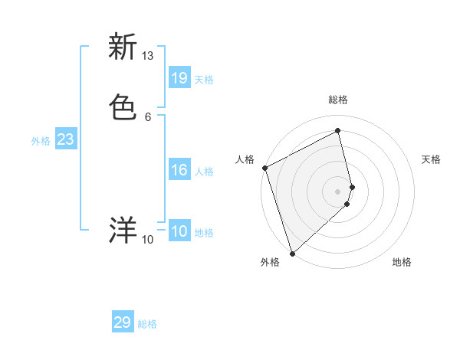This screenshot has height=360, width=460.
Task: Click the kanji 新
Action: [123, 47]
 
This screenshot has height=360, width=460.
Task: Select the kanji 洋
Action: [123, 230]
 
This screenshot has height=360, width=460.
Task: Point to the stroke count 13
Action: [148, 56]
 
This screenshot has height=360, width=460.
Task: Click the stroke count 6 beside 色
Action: [148, 116]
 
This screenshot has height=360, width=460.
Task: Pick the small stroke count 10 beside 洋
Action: [148, 240]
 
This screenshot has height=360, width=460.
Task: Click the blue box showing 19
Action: [179, 77]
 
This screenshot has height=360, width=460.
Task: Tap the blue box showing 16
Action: [179, 170]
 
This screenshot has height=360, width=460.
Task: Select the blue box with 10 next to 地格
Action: [179, 231]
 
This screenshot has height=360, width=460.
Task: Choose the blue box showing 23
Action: [65, 139]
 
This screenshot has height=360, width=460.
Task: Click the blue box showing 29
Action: [123, 322]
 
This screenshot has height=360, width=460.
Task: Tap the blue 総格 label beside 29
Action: [147, 324]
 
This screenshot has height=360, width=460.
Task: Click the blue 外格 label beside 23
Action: [41, 141]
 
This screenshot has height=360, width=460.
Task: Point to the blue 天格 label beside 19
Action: [204, 80]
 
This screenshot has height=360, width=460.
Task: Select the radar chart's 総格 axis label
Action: [338, 100]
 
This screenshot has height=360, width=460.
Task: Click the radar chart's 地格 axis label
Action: [402, 262]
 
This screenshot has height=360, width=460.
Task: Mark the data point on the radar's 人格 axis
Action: [264, 168]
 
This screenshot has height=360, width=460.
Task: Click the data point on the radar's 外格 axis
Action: [291, 253]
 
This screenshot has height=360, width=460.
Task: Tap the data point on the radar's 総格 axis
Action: [338, 130]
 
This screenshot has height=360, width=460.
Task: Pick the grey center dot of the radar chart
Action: [338, 191]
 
